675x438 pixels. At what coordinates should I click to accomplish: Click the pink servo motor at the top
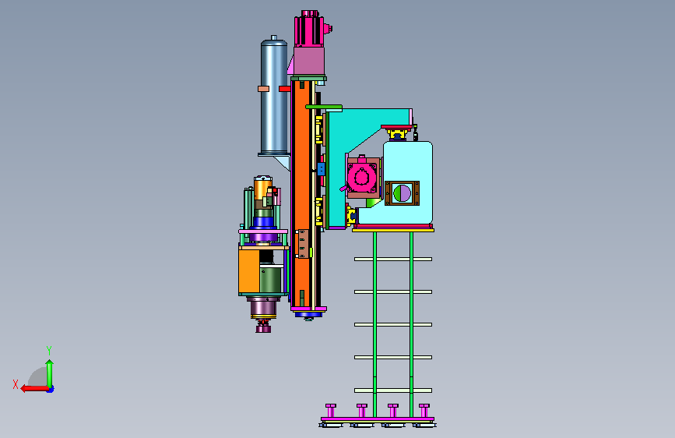click(x=310, y=30)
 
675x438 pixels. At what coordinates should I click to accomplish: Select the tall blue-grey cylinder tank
click(x=274, y=96)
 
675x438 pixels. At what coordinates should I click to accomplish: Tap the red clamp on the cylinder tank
click(x=284, y=89)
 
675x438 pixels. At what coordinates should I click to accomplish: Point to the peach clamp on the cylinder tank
click(x=263, y=89)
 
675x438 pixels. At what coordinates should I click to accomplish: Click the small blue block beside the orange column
click(x=321, y=168)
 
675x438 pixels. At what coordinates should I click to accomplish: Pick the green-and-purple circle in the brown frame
click(x=402, y=193)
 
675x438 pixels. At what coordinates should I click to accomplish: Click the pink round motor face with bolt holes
click(x=361, y=176)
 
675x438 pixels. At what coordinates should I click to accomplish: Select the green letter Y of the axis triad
click(x=49, y=350)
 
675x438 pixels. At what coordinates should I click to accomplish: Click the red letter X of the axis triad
click(x=16, y=384)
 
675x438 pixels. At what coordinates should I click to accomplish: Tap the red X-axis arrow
click(x=34, y=389)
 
